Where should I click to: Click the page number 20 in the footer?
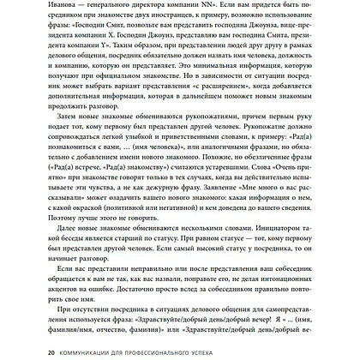(29, 351)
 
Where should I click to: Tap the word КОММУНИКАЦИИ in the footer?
(73, 351)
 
